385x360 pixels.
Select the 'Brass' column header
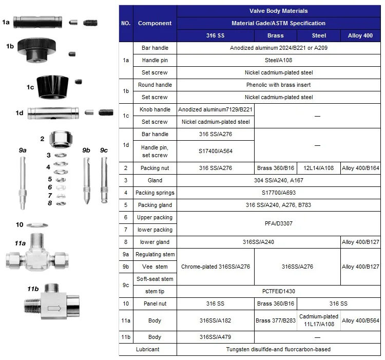275,36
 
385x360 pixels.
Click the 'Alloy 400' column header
360,36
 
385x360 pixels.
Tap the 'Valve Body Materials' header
278,11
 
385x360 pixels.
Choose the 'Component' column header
155,23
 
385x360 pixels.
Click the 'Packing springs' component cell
155,193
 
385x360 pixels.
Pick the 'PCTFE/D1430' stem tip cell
278,291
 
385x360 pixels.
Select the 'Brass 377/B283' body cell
275,320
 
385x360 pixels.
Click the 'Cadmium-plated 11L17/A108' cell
318,320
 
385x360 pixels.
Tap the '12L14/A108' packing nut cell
318,168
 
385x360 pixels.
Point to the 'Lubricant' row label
148,349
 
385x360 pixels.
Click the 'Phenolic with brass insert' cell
278,85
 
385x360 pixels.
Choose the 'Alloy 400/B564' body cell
360,320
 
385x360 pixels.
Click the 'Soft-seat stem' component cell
155,279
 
